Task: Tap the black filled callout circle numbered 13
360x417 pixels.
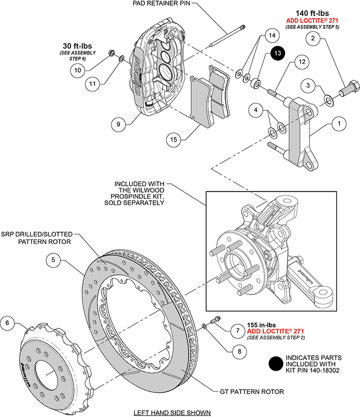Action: [277, 54]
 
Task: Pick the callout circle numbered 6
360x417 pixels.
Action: [8, 323]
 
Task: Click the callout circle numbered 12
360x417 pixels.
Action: [301, 62]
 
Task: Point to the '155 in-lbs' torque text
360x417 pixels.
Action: [263, 325]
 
